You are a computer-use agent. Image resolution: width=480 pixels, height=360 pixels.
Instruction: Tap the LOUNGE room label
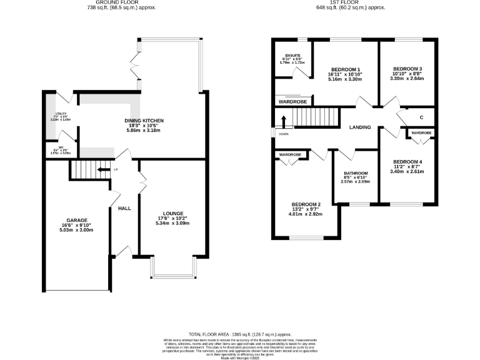[172, 214]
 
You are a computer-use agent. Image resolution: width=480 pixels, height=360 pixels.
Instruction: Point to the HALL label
[124, 208]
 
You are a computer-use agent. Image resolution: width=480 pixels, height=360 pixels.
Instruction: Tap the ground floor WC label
[61, 149]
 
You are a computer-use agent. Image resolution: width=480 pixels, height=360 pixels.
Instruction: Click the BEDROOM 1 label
[345, 69]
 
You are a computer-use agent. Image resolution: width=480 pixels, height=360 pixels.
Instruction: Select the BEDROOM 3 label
[407, 69]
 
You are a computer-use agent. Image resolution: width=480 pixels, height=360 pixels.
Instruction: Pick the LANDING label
[360, 127]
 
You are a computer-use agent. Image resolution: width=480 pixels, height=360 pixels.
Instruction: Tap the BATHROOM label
[356, 173]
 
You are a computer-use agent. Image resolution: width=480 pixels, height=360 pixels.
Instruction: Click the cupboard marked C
[422, 117]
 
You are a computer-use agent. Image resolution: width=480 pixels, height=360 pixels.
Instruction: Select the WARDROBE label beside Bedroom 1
[292, 101]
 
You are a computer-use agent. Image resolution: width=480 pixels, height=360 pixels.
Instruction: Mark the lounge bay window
[173, 269]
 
